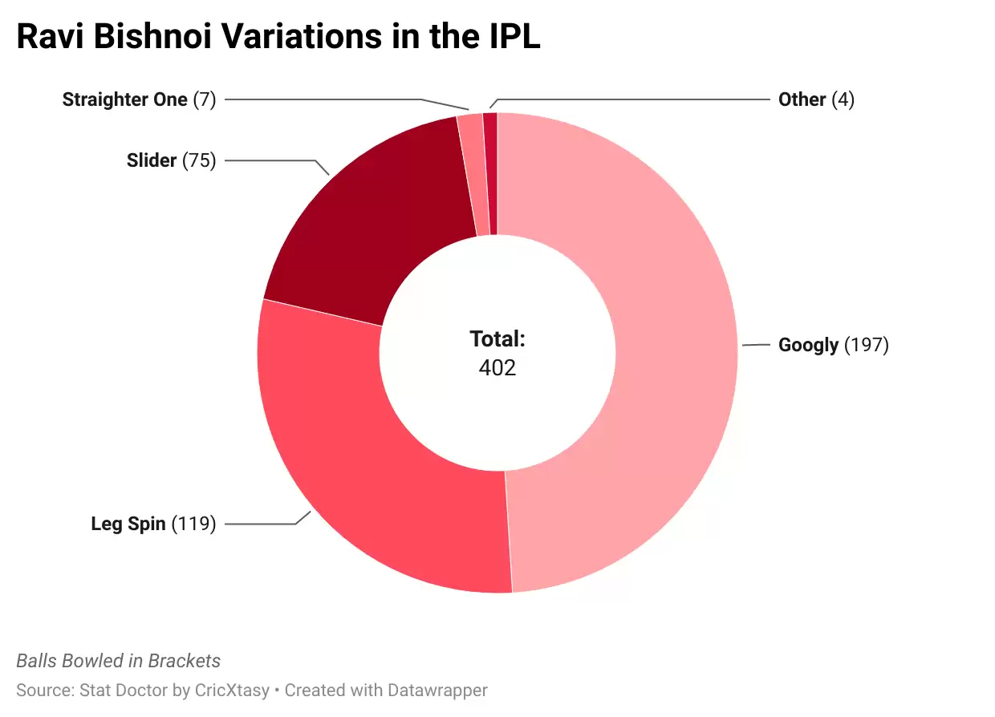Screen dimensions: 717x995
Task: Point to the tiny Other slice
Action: [490, 173]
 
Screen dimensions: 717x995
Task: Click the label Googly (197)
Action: [833, 345]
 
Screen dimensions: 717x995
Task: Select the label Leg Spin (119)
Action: [153, 525]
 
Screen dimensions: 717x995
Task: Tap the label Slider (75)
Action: [171, 160]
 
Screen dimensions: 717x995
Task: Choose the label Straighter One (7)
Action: [139, 99]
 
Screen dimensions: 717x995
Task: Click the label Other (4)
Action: [816, 99]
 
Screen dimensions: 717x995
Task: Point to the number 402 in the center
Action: [497, 367]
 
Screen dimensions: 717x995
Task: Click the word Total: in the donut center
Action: [497, 339]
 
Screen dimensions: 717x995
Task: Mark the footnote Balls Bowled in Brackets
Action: [118, 661]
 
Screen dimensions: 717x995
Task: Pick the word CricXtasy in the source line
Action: [232, 690]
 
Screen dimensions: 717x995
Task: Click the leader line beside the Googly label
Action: [756, 345]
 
